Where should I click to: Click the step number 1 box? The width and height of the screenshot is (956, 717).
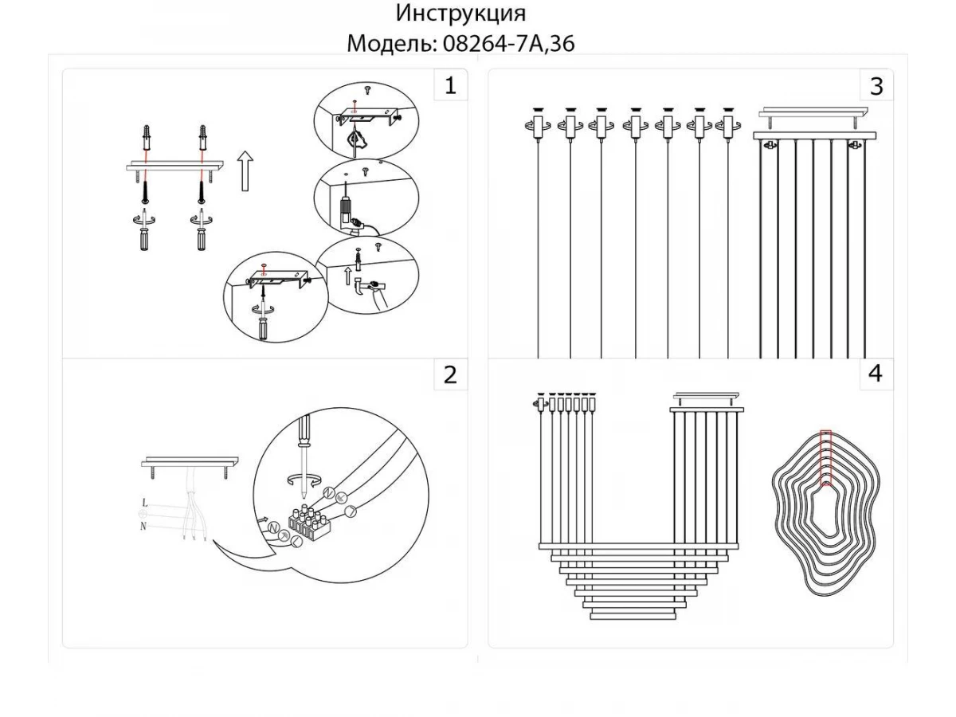(x=450, y=86)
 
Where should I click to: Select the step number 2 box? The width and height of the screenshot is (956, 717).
(x=450, y=374)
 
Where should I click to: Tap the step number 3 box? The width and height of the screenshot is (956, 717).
(x=876, y=86)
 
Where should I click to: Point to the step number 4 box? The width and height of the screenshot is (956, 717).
(x=876, y=374)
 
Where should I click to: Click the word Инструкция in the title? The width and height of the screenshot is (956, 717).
(x=460, y=14)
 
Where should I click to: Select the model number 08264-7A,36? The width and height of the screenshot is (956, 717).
(x=506, y=44)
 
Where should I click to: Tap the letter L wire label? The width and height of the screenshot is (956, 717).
(x=144, y=503)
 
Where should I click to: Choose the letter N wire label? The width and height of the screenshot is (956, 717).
(x=144, y=525)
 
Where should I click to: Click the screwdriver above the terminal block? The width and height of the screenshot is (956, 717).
(x=302, y=446)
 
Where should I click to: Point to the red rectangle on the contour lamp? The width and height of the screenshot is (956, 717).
(x=826, y=457)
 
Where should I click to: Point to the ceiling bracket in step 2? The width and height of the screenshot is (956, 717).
(x=190, y=462)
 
